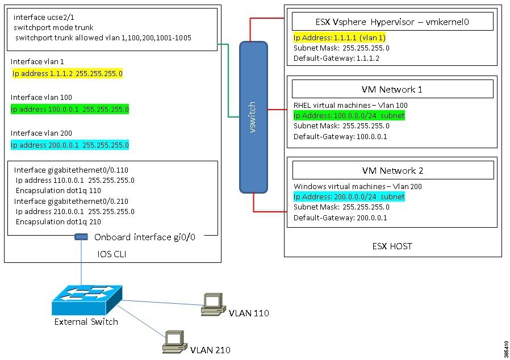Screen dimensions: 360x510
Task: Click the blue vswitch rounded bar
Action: pos(253,116)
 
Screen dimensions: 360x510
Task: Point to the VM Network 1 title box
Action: pos(392,89)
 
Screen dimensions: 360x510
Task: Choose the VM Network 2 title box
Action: pos(392,170)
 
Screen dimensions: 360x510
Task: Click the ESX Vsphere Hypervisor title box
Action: pos(392,22)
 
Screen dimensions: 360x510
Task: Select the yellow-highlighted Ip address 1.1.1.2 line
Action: pos(68,74)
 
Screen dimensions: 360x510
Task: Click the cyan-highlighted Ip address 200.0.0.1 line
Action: pos(70,145)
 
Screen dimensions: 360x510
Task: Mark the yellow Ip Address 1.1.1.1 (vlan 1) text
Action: pos(340,37)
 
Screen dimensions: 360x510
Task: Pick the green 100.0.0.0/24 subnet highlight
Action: pos(349,116)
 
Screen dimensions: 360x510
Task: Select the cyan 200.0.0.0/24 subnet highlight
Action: pos(349,196)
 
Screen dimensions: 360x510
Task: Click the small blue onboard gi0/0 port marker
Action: pos(81,237)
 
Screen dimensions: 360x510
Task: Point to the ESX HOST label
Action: pos(392,246)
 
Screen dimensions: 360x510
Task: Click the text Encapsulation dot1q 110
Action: pos(58,191)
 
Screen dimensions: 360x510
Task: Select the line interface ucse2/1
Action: pos(41,17)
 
